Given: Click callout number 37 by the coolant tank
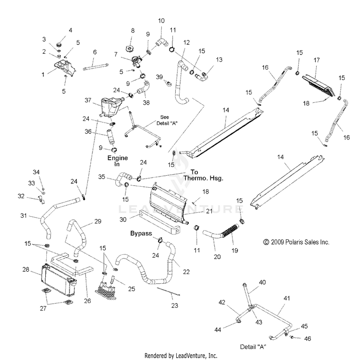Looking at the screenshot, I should pos(88,100).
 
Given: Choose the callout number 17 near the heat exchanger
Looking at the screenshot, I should pos(317,60).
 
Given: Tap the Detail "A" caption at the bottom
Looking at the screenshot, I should pos(254,346).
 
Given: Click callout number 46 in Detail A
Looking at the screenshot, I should pos(307,339).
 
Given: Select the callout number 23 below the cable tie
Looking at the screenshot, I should pos(174,306).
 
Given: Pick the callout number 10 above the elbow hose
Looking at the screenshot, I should pos(161,21).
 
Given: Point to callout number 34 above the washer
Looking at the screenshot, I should pos(36,172).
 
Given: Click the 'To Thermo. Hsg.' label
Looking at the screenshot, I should pos(203,174).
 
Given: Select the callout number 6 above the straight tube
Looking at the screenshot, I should pos(95,52).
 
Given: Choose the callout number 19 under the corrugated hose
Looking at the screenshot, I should pos(236,250).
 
